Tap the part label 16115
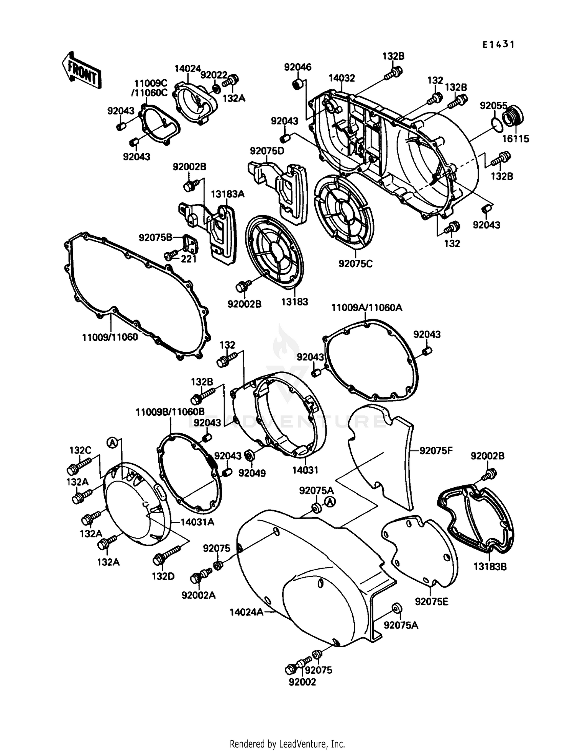(x=515, y=139)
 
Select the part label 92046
(x=297, y=67)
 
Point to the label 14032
(x=341, y=78)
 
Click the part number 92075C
(x=355, y=264)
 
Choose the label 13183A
(x=227, y=194)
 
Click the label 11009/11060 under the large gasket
(x=110, y=338)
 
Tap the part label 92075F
(x=436, y=451)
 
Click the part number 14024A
(x=246, y=612)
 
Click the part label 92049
(x=252, y=473)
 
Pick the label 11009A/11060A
(x=366, y=307)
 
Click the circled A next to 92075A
(x=330, y=502)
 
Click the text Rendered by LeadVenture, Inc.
(x=287, y=743)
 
